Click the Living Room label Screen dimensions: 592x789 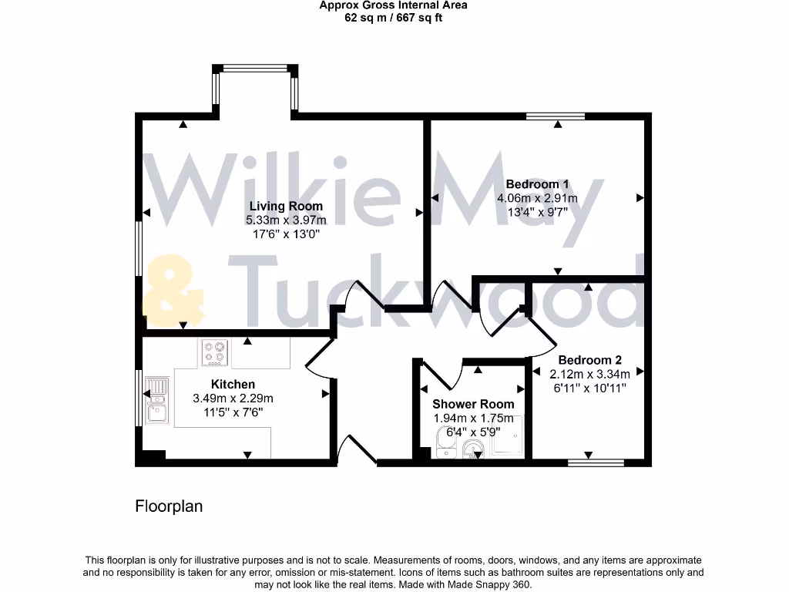coord(286,206)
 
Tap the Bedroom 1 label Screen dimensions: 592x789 coord(537,184)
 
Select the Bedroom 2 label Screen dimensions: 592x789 coord(589,360)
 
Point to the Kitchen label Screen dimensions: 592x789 coord(233,384)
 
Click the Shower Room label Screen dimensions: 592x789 coord(473,404)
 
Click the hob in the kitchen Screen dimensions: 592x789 coord(215,353)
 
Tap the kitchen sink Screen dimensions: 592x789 coord(156,400)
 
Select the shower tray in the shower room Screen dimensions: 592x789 coord(507,438)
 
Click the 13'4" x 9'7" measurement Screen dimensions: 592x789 coord(537,213)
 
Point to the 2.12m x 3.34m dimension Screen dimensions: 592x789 coord(589,375)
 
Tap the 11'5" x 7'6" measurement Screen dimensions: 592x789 coord(233,412)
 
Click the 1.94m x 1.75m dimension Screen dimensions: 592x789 coord(473,419)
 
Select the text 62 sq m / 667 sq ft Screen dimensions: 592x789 coord(393,18)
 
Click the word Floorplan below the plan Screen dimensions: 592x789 coord(169,506)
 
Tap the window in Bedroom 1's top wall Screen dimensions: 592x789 coord(556,117)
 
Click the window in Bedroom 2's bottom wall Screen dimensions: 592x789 coord(596,462)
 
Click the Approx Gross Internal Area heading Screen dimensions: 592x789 coord(393,5)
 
